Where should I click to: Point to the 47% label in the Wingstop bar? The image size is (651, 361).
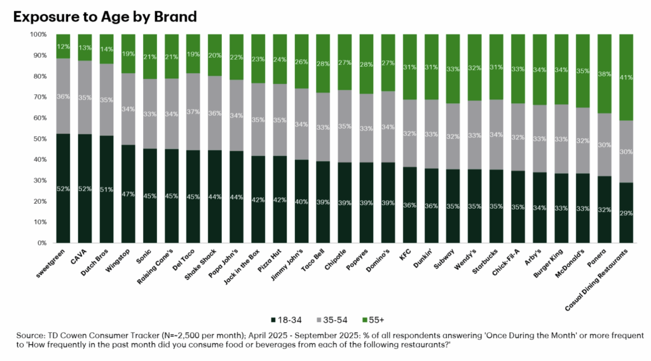click(x=128, y=194)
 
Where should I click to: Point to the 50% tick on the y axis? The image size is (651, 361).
click(x=38, y=139)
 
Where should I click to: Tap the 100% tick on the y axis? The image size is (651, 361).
click(x=36, y=34)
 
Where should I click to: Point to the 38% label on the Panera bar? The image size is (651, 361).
click(x=606, y=74)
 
